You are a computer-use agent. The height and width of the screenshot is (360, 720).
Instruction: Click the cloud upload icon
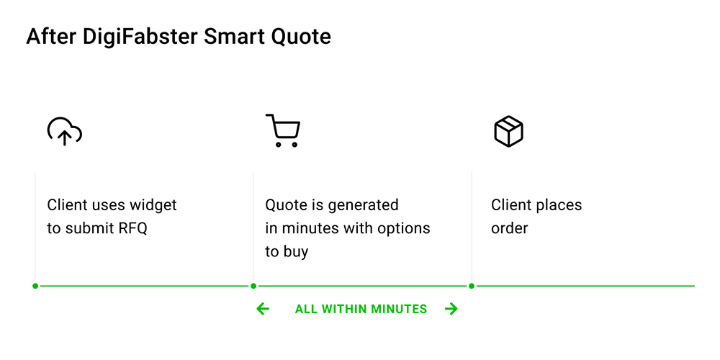coord(65,132)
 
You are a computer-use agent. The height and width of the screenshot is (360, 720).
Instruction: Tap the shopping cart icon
coord(283,130)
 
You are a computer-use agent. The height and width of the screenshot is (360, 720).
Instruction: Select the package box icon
coord(508,131)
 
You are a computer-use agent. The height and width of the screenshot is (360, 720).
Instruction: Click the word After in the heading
coord(52,37)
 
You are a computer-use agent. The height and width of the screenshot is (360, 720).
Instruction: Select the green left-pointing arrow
coord(263,309)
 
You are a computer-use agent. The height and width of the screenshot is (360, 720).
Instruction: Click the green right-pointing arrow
coord(451,309)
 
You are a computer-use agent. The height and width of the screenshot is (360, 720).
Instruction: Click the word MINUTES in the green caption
coord(399,309)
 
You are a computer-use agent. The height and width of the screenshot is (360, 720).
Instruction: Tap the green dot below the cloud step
coord(35,286)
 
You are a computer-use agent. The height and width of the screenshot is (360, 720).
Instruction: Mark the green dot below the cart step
coord(253,286)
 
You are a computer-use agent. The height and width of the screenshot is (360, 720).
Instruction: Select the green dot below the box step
coord(472,286)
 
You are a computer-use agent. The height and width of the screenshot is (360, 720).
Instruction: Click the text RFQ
coord(133,228)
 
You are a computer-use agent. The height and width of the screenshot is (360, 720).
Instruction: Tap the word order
coord(509,228)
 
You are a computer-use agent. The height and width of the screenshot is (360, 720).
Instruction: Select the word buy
coord(294,252)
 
